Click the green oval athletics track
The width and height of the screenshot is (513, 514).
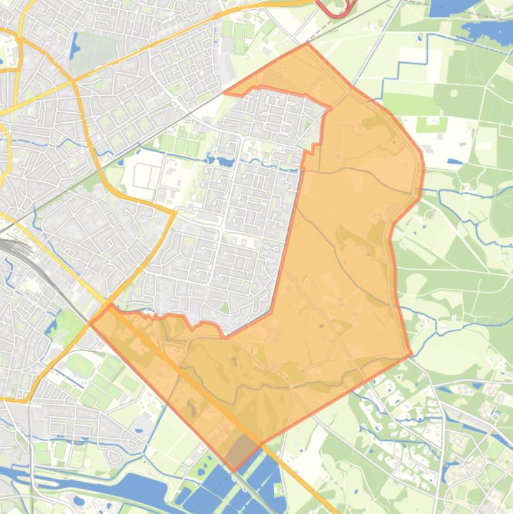[x=80, y=365]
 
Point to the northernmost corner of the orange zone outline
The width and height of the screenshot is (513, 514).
[x=308, y=43]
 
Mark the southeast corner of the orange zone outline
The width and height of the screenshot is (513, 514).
[x=411, y=355]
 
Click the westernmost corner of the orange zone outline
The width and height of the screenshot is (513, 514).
[x=90, y=322]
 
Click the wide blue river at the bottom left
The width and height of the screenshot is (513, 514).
[x=100, y=484]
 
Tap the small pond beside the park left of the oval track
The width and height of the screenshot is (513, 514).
[x=50, y=327]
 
